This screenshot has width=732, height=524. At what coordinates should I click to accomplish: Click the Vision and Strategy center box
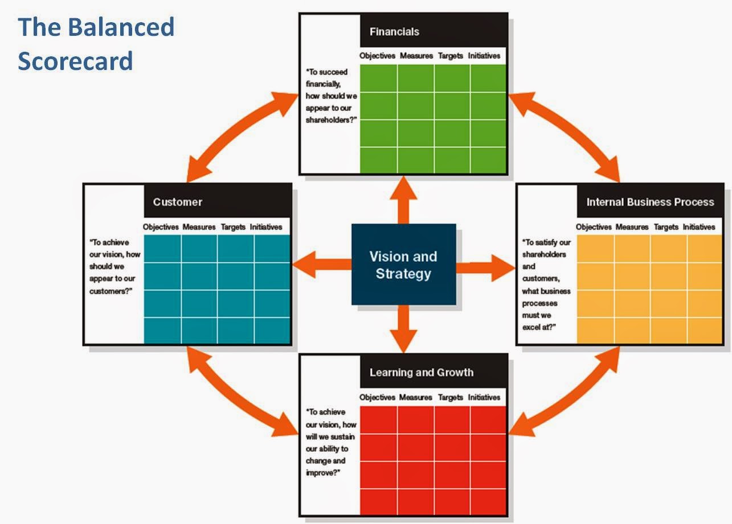tap(403, 265)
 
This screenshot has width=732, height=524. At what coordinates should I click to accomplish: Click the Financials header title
tap(394, 32)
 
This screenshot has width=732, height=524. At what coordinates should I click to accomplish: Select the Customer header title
tap(177, 202)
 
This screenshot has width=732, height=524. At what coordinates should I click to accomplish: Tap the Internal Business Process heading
tap(650, 202)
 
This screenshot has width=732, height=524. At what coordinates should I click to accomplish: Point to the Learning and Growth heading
tap(421, 373)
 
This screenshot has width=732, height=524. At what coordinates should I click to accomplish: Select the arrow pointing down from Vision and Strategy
tap(403, 329)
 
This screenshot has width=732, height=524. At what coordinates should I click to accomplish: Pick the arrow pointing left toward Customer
tap(322, 265)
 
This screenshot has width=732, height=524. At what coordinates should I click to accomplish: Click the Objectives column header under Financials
tap(377, 56)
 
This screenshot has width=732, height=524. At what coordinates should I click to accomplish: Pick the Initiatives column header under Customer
tap(265, 227)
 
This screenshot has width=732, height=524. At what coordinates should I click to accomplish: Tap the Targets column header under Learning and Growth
tap(450, 397)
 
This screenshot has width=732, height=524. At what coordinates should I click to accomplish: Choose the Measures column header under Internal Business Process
tap(632, 227)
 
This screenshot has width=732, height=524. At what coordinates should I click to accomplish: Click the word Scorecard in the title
tap(75, 60)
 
